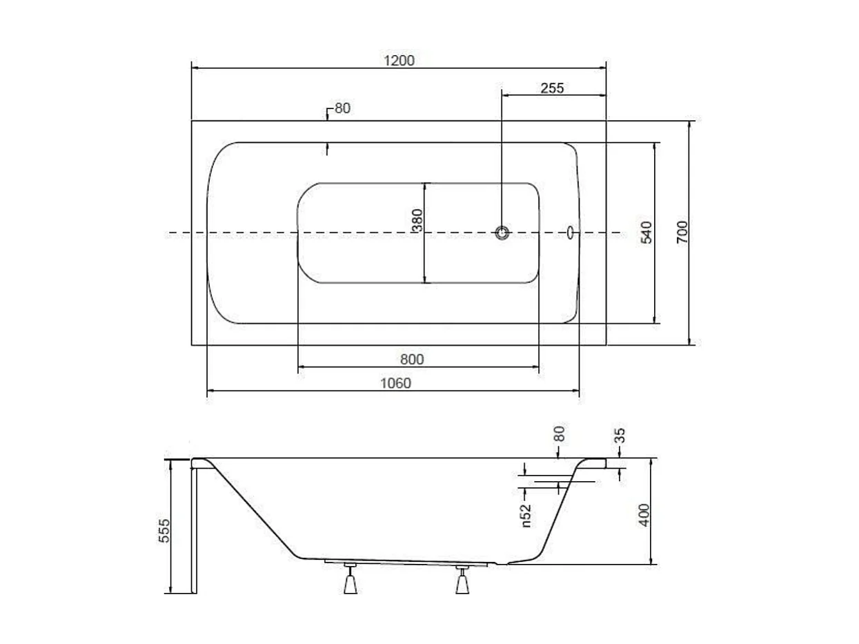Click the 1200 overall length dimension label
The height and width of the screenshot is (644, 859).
point(399,61)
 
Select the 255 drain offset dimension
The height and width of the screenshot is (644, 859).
point(552,88)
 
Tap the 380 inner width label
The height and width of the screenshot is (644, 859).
point(417,220)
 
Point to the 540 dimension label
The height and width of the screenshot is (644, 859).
point(646,233)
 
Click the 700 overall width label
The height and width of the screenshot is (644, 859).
point(682,232)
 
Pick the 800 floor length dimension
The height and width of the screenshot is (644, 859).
point(412,360)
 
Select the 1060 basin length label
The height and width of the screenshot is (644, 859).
point(395,383)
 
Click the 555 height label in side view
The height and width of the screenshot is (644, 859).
point(164,531)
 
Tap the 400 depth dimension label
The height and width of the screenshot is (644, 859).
point(644,515)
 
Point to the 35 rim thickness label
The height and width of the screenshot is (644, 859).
point(620,436)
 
